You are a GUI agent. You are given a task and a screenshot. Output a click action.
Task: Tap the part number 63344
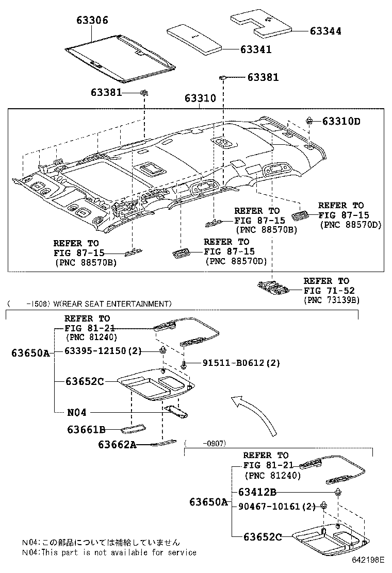click(325, 31)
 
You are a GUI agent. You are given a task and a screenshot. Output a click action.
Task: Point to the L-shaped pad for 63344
click(260, 23)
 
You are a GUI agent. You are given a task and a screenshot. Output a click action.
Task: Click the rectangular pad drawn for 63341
click(195, 39)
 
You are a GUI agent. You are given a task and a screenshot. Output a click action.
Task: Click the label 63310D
click(341, 122)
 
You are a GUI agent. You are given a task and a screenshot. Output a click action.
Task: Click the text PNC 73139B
click(331, 299)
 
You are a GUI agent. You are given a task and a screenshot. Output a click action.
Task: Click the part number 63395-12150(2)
click(104, 351)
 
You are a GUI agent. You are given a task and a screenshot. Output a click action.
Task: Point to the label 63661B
click(86, 429)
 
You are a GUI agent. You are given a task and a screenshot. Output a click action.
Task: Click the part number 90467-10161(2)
click(276, 506)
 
